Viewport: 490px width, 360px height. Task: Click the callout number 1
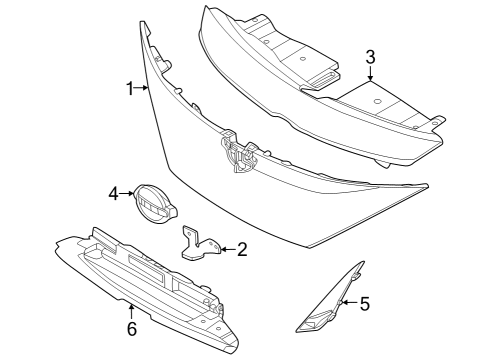tap(130, 90)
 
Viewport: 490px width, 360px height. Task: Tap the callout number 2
tap(242, 248)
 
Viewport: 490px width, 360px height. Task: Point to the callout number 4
tap(113, 192)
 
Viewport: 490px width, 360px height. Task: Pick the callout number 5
tap(364, 302)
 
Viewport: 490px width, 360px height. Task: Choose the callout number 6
tap(131, 328)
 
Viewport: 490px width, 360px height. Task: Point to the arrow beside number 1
tap(143, 90)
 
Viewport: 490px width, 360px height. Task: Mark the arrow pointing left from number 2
tap(226, 248)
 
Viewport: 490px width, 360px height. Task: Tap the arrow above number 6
tap(131, 310)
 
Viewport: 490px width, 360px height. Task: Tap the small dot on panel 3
tap(375, 103)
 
